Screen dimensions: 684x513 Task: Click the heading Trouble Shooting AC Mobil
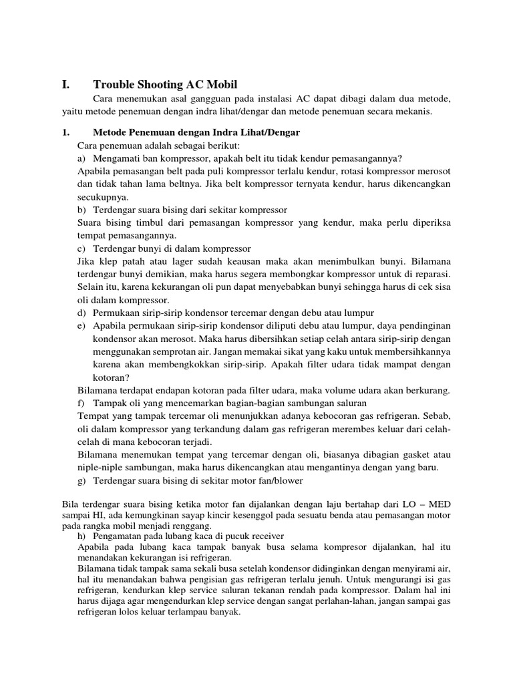pos(165,85)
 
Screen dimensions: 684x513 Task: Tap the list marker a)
pos(82,158)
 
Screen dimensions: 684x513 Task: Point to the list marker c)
pos(82,248)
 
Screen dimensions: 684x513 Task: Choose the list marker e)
pos(82,325)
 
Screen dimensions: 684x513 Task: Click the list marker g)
pos(82,480)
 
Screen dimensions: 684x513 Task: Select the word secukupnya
pos(100,197)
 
